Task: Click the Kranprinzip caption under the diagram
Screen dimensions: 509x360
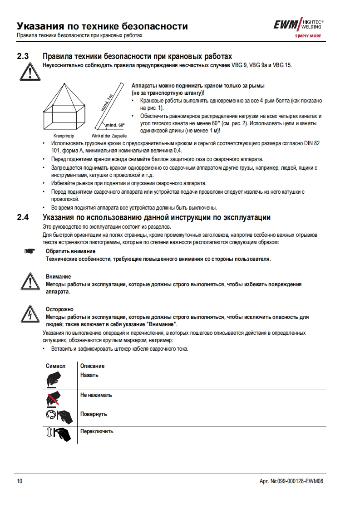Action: [63, 136]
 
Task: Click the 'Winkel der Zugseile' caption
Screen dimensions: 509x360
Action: [109, 136]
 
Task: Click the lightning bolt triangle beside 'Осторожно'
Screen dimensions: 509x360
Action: [29, 313]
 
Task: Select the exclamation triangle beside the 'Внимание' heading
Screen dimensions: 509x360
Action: [29, 282]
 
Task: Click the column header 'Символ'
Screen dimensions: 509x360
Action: [56, 366]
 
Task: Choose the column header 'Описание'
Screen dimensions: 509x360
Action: [92, 366]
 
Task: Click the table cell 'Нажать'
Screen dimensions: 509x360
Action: [89, 375]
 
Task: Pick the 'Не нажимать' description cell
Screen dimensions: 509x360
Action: [96, 395]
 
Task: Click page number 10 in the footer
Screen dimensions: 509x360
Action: [20, 481]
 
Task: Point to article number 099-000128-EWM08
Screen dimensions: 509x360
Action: [291, 481]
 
